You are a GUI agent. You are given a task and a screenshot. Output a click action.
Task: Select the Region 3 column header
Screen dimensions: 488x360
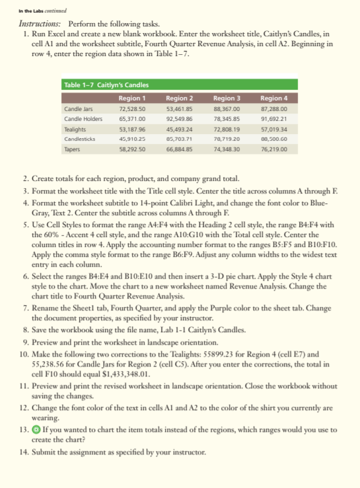click(x=228, y=97)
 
